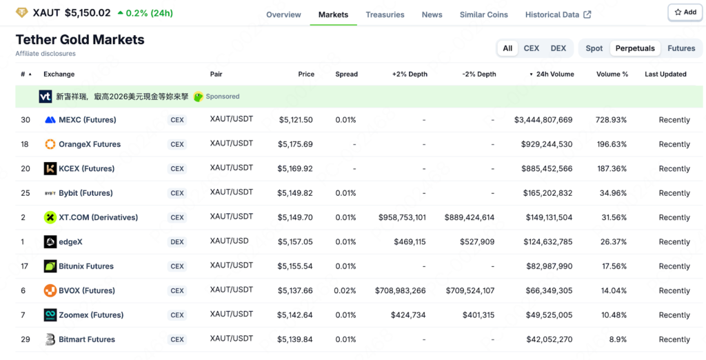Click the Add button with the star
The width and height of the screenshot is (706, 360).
click(685, 12)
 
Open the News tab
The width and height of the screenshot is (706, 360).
click(432, 14)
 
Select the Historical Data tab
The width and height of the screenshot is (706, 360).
click(558, 14)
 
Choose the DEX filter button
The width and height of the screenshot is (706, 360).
click(558, 48)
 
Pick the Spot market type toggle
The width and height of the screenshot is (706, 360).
click(594, 48)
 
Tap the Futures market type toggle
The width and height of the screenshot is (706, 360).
click(680, 48)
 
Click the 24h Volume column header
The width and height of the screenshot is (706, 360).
click(554, 74)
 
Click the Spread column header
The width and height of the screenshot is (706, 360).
click(346, 74)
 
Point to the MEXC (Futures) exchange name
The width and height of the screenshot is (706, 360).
click(87, 120)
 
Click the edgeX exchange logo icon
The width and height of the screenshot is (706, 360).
click(50, 242)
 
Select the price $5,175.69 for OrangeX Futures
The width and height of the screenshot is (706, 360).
click(295, 144)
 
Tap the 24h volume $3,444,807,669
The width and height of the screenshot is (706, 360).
click(543, 120)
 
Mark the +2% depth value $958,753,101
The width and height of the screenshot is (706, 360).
click(402, 217)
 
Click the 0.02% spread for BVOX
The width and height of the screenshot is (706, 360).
click(345, 291)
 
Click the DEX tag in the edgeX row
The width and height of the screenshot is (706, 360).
click(177, 242)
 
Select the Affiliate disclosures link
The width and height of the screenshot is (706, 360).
click(46, 54)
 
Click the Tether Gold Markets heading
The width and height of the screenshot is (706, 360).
click(80, 39)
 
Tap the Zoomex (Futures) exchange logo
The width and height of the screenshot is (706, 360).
click(50, 315)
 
